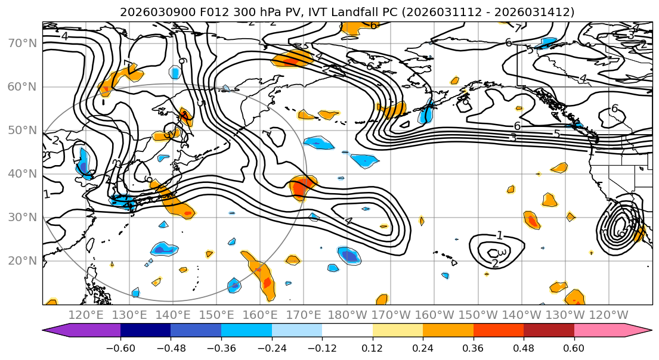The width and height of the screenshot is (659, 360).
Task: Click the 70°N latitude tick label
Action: point(22,43)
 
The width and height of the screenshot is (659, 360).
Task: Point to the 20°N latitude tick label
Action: point(22,260)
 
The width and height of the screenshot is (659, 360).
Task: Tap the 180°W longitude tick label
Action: point(348,315)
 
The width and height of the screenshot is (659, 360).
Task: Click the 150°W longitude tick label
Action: point(478,315)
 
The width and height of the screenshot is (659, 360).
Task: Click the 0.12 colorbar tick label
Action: point(372,347)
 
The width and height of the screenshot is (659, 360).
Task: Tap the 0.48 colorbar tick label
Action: point(523,347)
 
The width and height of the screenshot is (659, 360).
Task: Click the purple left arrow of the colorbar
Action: point(57,331)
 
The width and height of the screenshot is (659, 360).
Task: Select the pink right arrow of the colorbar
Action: point(638,331)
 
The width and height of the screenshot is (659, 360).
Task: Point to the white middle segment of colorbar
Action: point(347,331)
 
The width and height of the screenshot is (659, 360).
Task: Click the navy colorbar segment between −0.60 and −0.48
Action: point(146,331)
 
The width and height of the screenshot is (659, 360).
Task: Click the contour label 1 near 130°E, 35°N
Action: point(47,195)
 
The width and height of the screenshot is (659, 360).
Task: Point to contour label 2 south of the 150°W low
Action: point(494,263)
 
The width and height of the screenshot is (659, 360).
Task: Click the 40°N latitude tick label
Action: point(22,173)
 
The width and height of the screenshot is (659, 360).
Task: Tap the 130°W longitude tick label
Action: point(565,315)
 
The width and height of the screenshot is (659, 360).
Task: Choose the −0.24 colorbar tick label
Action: point(271,347)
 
